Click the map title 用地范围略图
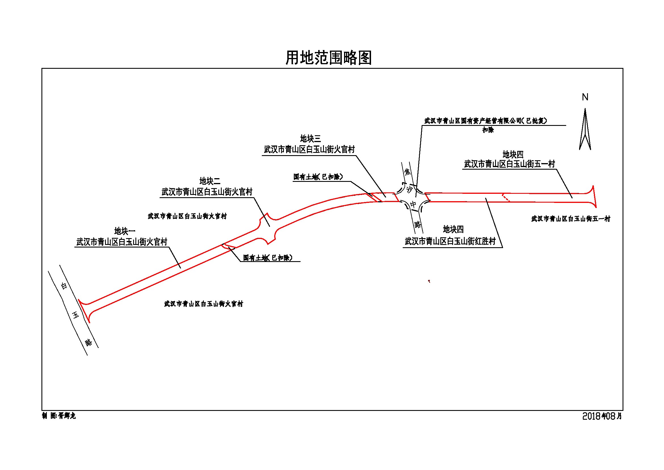328,58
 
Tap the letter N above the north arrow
585,97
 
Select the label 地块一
125,231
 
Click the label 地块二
210,181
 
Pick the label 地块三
310,139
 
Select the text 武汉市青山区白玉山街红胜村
450,241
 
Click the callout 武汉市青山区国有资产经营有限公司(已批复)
485,121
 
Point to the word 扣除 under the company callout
488,130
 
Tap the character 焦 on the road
407,172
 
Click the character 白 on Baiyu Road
64,286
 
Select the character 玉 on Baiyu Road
76,315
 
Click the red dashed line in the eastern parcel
506,198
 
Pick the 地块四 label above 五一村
513,154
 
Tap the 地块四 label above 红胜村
453,230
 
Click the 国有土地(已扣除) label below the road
267,257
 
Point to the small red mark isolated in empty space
429,281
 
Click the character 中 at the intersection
413,204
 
